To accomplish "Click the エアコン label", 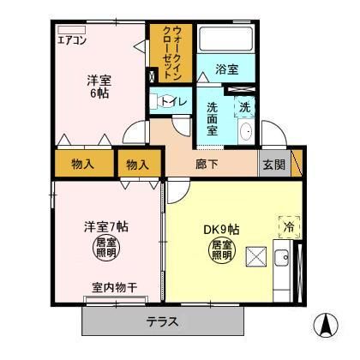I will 72,39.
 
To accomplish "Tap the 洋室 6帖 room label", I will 99,88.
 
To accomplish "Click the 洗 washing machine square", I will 244,108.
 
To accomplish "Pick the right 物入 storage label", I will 136,162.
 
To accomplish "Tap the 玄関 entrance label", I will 273,163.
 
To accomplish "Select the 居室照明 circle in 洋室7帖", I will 105,248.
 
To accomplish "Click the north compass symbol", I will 327,327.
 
